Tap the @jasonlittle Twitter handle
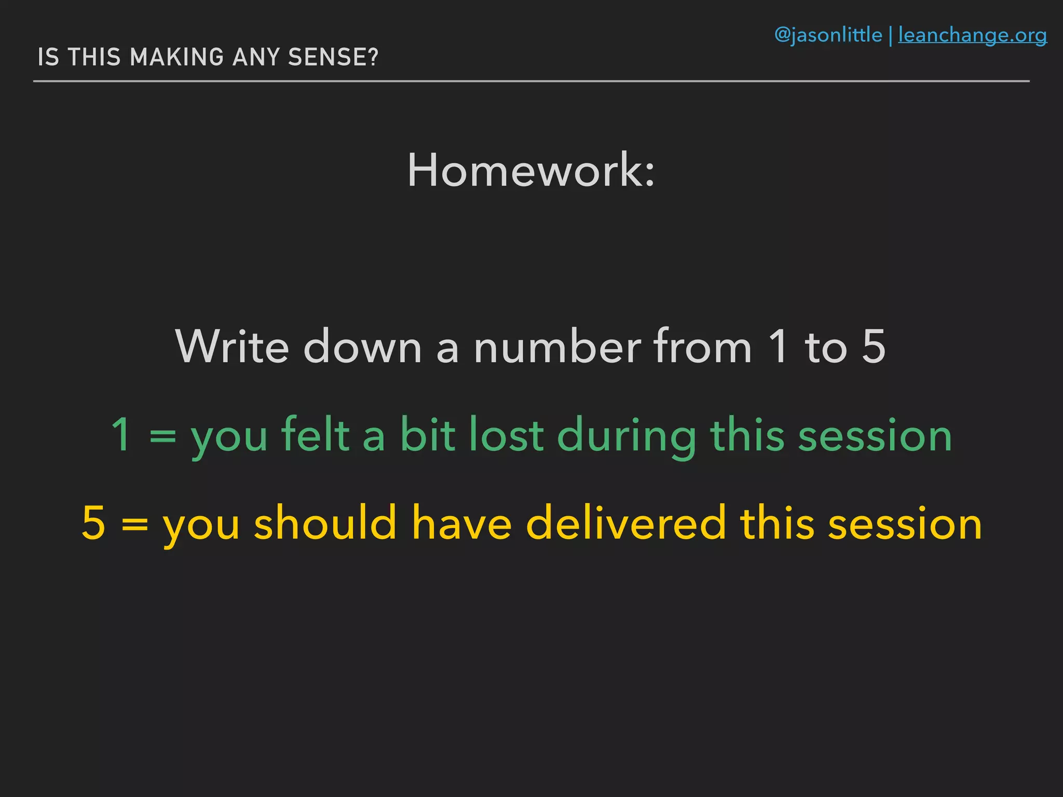coord(828,35)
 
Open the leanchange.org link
coord(972,35)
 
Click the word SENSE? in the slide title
coord(333,57)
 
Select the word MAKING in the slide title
coord(176,57)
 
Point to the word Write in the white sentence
coord(232,347)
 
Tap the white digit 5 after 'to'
coord(874,347)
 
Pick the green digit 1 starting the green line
coord(121,435)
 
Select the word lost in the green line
coord(506,435)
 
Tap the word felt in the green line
coord(315,435)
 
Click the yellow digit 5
coord(94,523)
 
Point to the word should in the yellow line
coord(325,523)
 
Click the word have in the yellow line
coord(462,523)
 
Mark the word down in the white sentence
coord(362,347)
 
